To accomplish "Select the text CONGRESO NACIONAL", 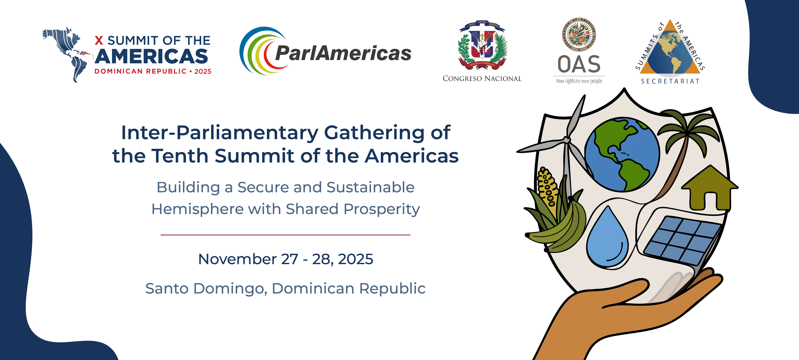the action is click(x=482, y=78).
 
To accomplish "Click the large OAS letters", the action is click(x=579, y=64).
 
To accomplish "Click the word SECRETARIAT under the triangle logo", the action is click(x=670, y=81).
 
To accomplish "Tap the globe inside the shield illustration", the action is click(x=622, y=154).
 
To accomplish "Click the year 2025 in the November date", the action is click(x=355, y=259).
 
